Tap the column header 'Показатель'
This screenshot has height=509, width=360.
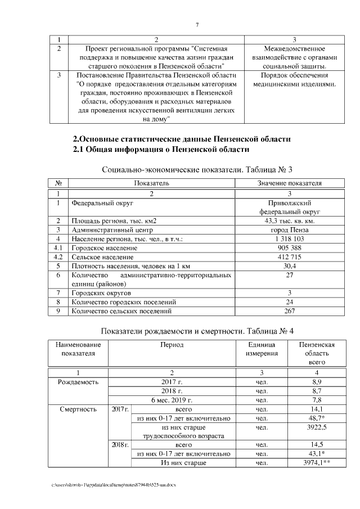[x=151, y=183]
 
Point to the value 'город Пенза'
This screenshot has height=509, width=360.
[x=289, y=230]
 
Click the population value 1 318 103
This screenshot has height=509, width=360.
[x=289, y=239]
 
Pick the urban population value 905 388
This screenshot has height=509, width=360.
[x=289, y=248]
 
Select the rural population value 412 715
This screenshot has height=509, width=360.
[x=289, y=257]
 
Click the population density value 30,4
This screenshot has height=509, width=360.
[x=289, y=266]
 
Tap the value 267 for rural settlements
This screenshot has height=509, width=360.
[x=289, y=310]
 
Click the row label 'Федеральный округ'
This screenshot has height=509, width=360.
[x=98, y=203]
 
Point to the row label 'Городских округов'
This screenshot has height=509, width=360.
[x=101, y=292]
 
